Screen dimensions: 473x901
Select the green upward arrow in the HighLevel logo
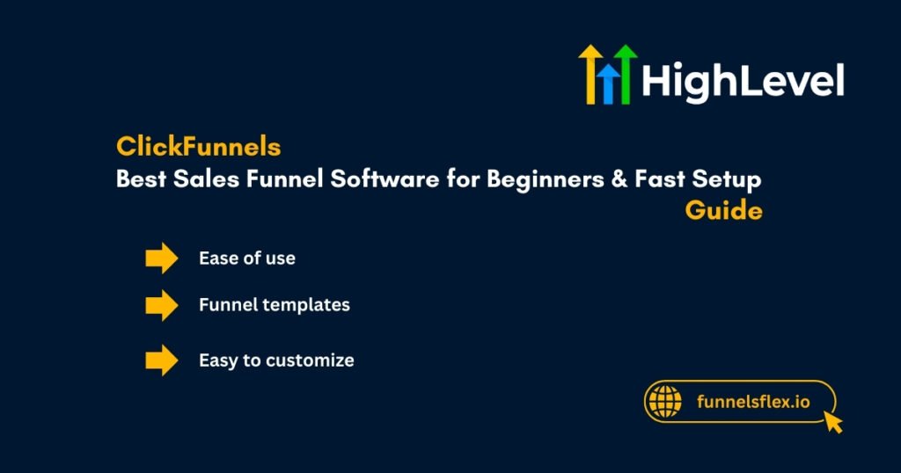click(x=626, y=74)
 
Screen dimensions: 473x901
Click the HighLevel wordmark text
click(x=743, y=81)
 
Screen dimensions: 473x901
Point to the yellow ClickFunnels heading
click(x=198, y=147)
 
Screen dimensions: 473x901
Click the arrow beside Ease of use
click(x=162, y=258)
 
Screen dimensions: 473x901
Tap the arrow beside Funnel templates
click(x=162, y=305)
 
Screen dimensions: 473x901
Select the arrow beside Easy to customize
click(x=162, y=360)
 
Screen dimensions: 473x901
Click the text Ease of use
click(x=247, y=258)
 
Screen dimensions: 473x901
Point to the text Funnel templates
click(x=275, y=305)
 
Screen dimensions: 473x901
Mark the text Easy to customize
click(x=276, y=360)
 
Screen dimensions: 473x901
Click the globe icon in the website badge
click(x=665, y=402)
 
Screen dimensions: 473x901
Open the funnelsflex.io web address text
click(x=752, y=402)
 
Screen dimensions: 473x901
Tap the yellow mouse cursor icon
click(x=831, y=422)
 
